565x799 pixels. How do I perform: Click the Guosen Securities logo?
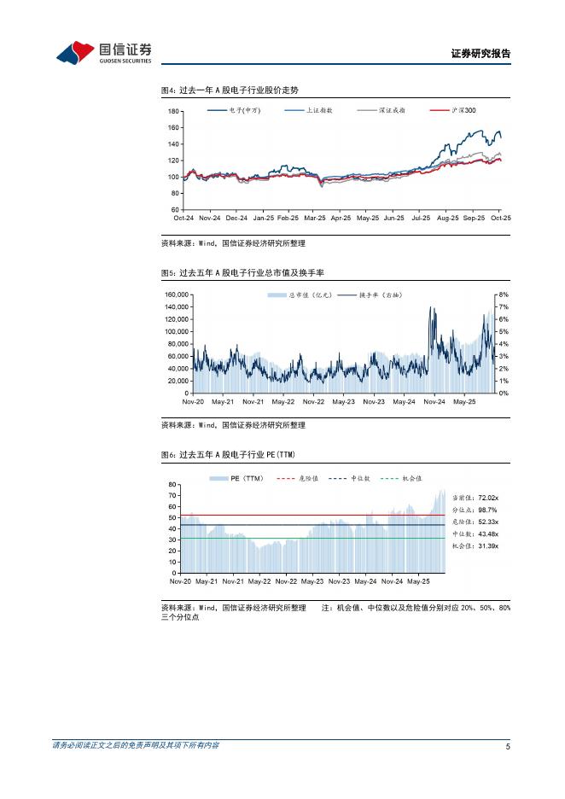[x=103, y=52]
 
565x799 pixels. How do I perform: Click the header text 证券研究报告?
[x=480, y=54]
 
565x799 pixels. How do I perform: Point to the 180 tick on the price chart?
[x=173, y=112]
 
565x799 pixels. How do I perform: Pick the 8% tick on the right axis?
[x=504, y=295]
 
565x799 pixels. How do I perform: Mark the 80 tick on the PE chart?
[x=172, y=484]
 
